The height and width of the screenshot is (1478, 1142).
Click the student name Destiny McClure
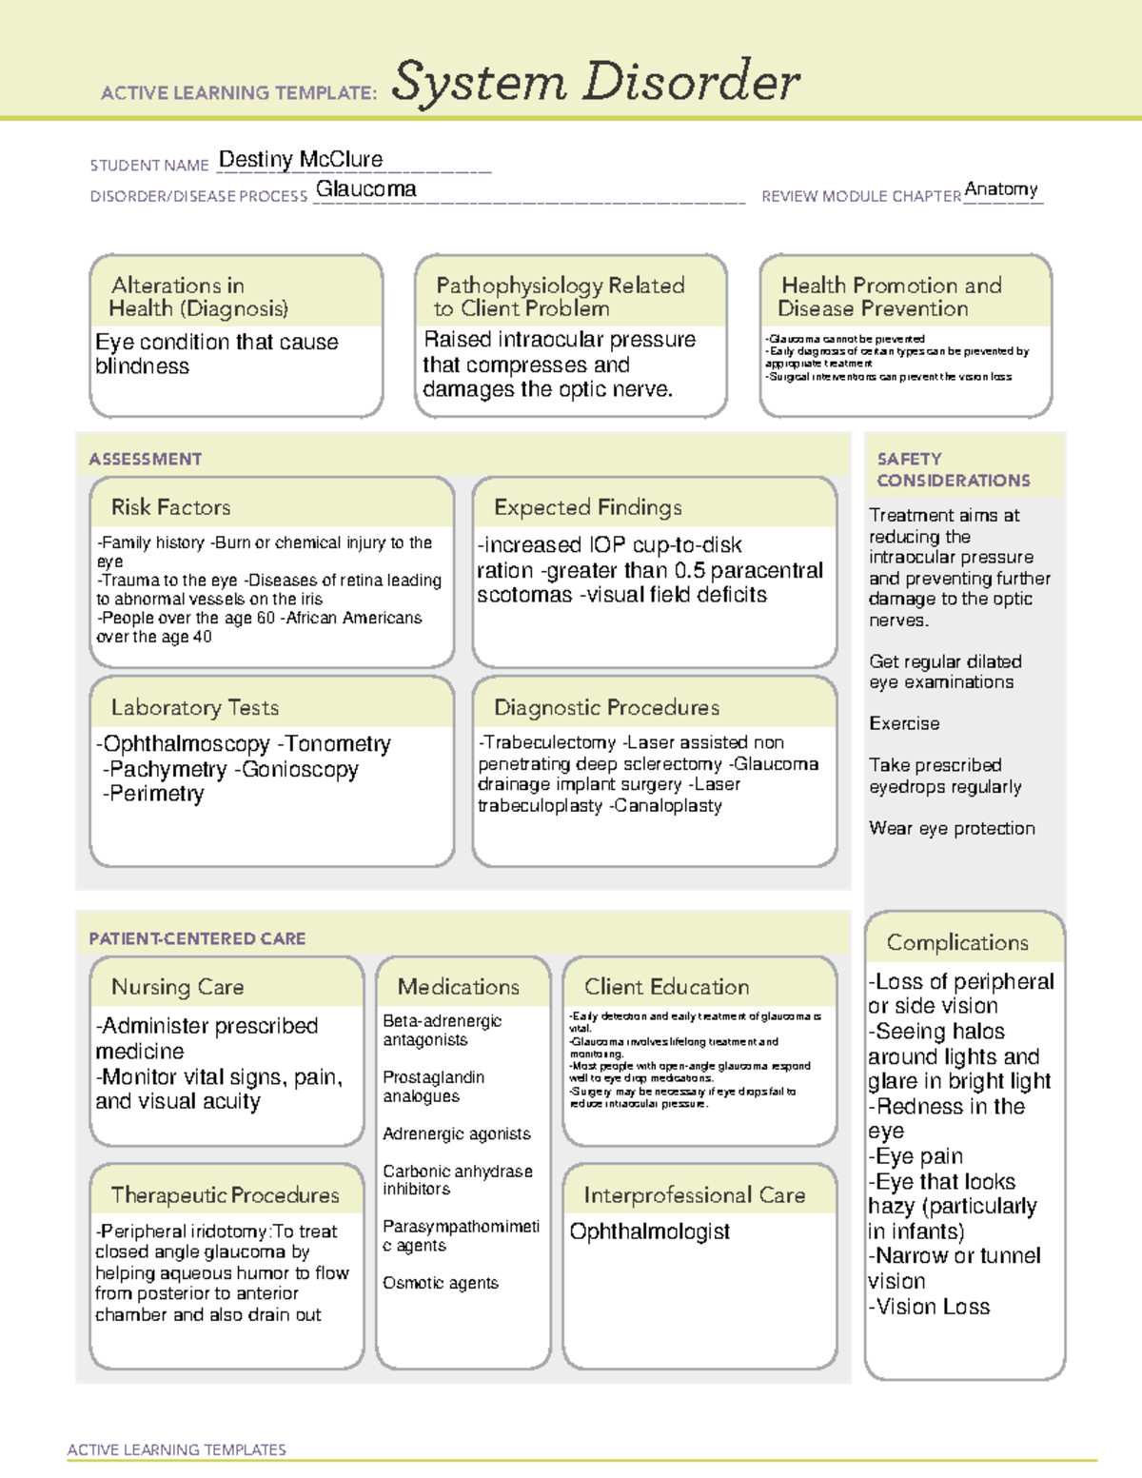tap(301, 160)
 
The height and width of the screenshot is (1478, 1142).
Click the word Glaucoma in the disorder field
tap(366, 189)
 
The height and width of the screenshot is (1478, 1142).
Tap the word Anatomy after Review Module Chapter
tap(1001, 189)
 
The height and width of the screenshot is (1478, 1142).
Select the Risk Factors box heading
tap(171, 507)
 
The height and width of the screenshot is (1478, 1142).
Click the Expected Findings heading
tap(588, 507)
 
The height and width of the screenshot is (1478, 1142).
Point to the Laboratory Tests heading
tap(195, 707)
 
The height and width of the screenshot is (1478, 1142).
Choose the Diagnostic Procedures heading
tap(606, 707)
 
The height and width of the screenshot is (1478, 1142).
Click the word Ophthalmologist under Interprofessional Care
tap(650, 1232)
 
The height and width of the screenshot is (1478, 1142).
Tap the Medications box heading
tap(459, 987)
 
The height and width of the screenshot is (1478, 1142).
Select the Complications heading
tap(957, 942)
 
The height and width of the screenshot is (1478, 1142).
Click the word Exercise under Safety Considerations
tap(904, 723)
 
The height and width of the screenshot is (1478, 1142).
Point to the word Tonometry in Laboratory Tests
tap(339, 744)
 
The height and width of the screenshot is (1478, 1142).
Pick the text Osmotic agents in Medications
tap(441, 1283)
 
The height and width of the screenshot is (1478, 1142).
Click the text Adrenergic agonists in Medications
tap(457, 1133)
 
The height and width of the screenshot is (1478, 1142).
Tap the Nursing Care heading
tap(178, 987)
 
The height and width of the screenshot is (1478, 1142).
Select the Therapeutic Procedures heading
tap(226, 1194)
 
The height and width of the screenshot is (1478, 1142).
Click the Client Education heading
tap(667, 987)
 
